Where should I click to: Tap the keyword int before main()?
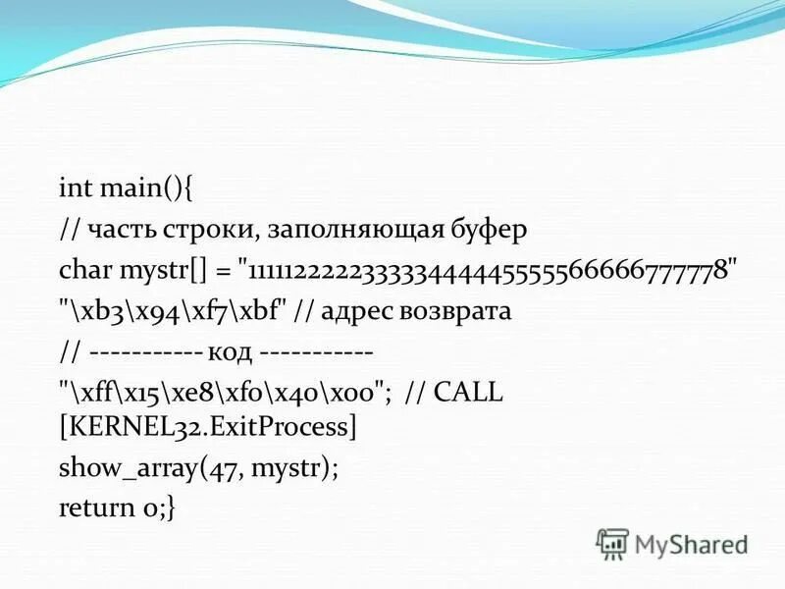[x=74, y=187]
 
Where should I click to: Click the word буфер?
[x=495, y=229]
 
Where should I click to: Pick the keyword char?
[x=84, y=270]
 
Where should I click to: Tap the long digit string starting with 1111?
[x=489, y=270]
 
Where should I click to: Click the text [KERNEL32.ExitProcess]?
[x=207, y=427]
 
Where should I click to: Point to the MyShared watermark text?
[x=691, y=542]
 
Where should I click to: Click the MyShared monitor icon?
[x=612, y=543]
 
